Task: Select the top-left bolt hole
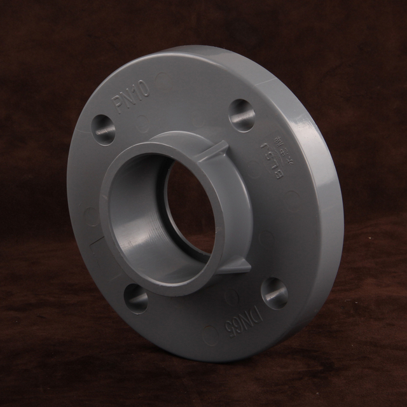(x=104, y=129)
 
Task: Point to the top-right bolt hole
(x=242, y=115)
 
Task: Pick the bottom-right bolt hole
(x=274, y=293)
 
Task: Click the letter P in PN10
(x=121, y=106)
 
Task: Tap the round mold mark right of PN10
(x=164, y=79)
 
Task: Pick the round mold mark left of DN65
(x=209, y=331)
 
